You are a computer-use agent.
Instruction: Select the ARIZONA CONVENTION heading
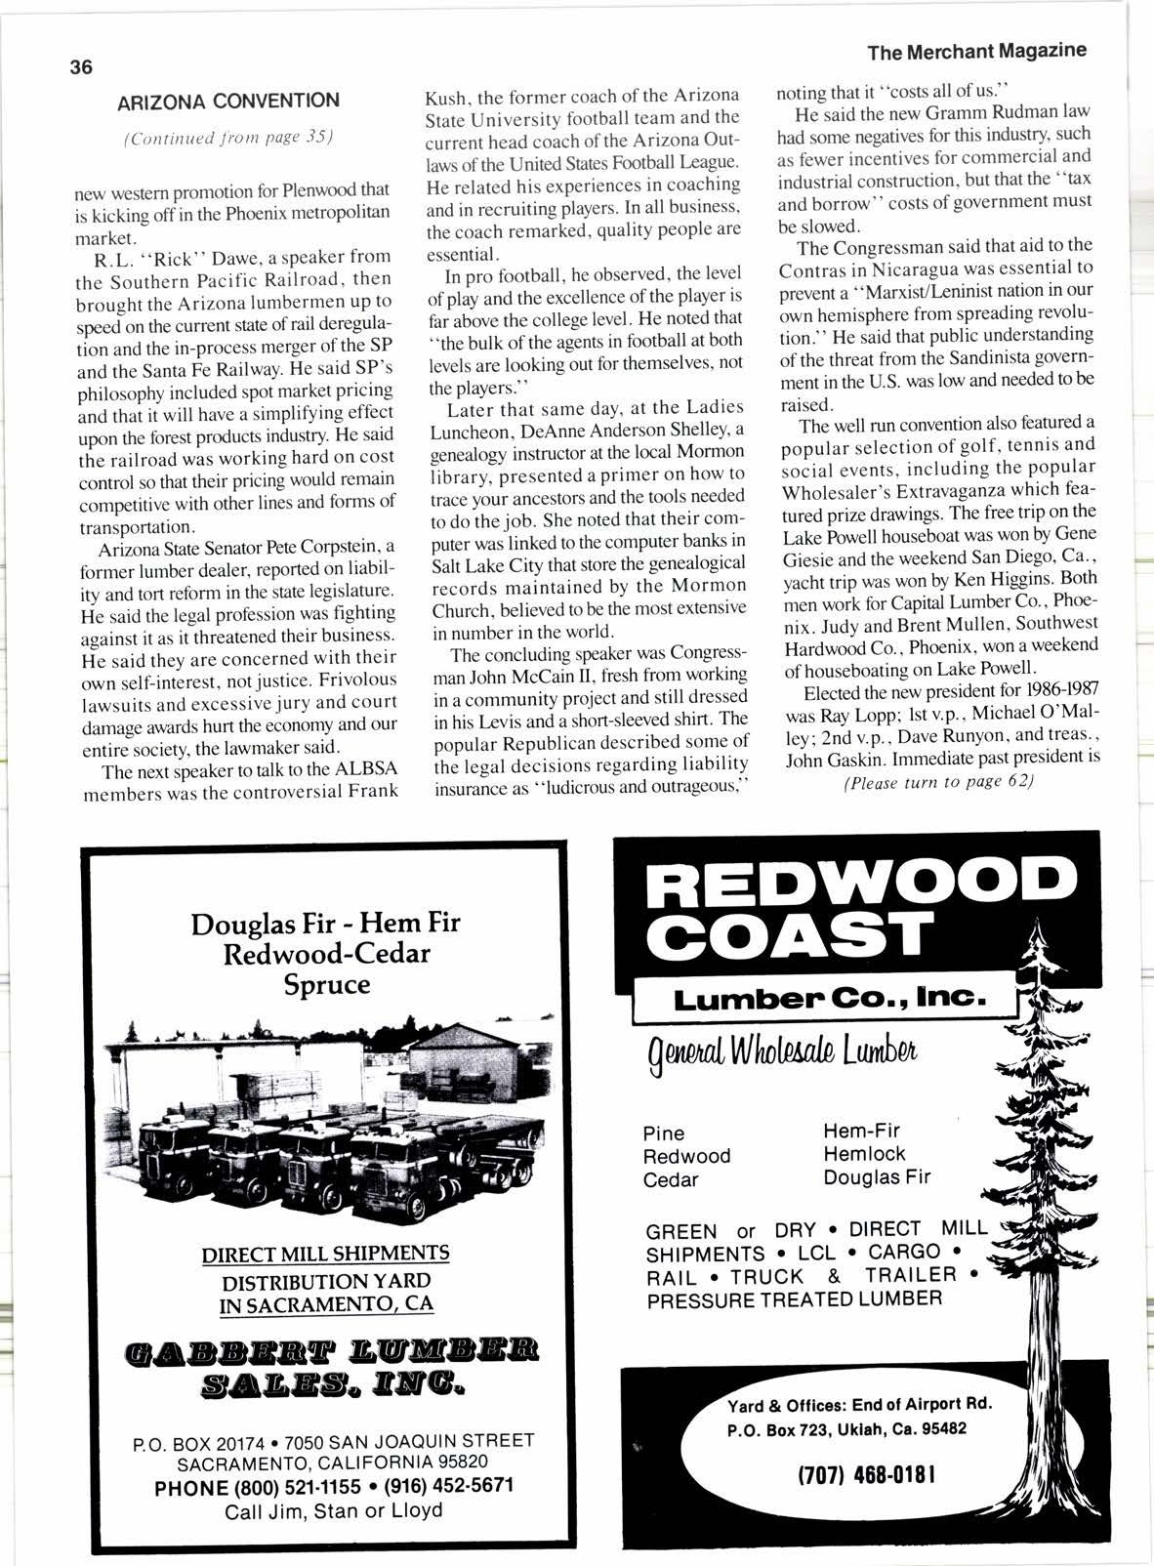[227, 102]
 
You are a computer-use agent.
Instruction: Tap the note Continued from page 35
[229, 137]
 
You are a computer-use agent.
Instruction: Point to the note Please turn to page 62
[937, 783]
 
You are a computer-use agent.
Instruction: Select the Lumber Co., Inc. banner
[830, 999]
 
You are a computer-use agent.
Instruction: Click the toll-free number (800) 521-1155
[258, 1487]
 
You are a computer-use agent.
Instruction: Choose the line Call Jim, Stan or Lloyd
[333, 1511]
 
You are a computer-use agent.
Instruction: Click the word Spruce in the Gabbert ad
[326, 984]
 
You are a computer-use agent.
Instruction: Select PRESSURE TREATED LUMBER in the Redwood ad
[794, 1299]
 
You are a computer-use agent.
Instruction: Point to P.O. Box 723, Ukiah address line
[846, 1428]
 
